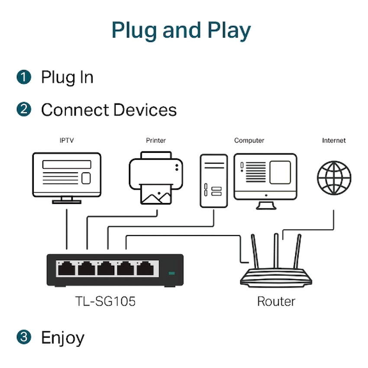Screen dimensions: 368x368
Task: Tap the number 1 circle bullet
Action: click(x=24, y=77)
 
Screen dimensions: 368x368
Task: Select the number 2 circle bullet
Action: click(x=24, y=110)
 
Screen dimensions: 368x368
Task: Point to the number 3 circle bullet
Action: click(x=24, y=337)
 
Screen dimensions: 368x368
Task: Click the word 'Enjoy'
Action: click(x=63, y=338)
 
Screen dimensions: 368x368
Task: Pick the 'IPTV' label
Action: click(x=67, y=140)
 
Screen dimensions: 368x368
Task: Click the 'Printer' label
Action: click(x=156, y=140)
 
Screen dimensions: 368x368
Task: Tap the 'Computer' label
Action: click(x=249, y=140)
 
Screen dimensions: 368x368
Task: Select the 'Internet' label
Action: click(x=334, y=140)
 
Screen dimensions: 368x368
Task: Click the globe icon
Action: click(x=334, y=178)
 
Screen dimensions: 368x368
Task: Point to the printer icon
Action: click(x=156, y=178)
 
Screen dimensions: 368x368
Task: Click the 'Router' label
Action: click(x=276, y=301)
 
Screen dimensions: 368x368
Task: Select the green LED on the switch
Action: click(x=171, y=274)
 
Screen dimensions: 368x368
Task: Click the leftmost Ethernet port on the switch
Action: click(x=66, y=269)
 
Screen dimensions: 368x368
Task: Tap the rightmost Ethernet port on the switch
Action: click(x=148, y=269)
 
